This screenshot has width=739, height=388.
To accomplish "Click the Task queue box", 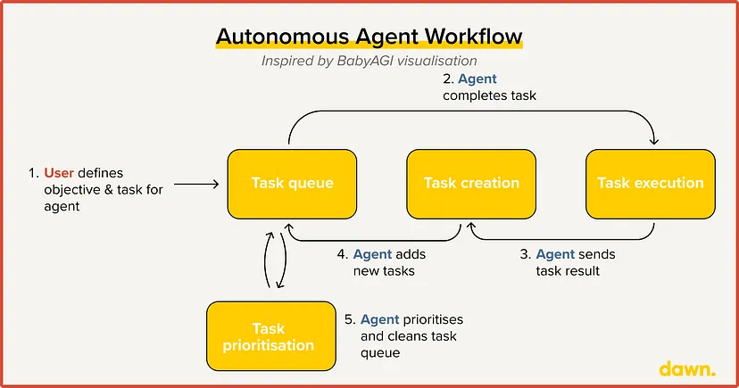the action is pyautogui.click(x=292, y=184).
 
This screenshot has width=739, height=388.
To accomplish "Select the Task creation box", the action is pyautogui.click(x=471, y=184).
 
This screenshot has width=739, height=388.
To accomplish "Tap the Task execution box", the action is pyautogui.click(x=651, y=184).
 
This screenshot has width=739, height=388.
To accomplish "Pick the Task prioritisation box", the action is pyautogui.click(x=271, y=336).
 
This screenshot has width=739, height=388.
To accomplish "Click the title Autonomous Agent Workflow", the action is pyautogui.click(x=369, y=37).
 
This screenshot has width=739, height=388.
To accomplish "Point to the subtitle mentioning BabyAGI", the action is pyautogui.click(x=369, y=61).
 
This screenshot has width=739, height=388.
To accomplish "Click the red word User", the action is pyautogui.click(x=59, y=173).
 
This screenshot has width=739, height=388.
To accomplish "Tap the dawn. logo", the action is pyautogui.click(x=687, y=368).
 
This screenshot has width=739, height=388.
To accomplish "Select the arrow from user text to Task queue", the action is pyautogui.click(x=196, y=184).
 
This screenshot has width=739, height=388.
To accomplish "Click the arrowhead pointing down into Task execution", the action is pyautogui.click(x=653, y=140).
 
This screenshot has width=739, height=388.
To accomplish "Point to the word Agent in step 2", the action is pyautogui.click(x=477, y=79).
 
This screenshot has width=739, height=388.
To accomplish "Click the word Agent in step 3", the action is pyautogui.click(x=555, y=255).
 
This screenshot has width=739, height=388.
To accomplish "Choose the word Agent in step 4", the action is pyautogui.click(x=372, y=255).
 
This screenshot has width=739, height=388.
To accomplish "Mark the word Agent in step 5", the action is pyautogui.click(x=380, y=319).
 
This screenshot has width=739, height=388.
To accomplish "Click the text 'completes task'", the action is pyautogui.click(x=489, y=95).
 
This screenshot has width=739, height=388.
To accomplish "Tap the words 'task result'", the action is pyautogui.click(x=568, y=271).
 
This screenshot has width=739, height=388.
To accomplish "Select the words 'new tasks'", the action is pyautogui.click(x=384, y=271).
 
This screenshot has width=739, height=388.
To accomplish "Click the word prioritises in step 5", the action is pyautogui.click(x=433, y=319).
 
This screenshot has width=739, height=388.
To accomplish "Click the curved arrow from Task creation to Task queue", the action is pyautogui.click(x=375, y=241).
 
